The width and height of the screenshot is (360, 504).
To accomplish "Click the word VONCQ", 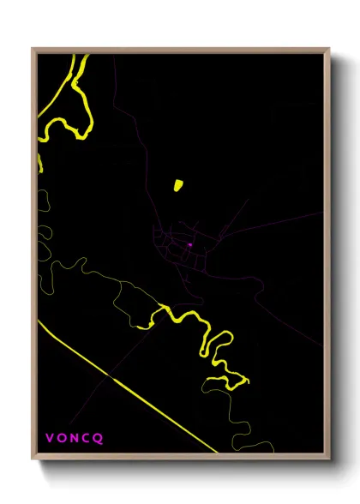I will [74, 438].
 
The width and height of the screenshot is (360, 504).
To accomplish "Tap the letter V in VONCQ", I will [50, 438].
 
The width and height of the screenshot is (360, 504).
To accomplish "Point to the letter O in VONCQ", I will [62, 438].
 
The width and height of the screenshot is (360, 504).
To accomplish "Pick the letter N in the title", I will [75, 438].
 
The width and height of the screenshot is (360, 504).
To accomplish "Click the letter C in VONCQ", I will [87, 438].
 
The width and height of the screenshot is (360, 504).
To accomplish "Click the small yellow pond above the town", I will [178, 184].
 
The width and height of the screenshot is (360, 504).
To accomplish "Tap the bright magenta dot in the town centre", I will [189, 244].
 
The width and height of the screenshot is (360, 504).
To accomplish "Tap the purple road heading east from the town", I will [274, 225].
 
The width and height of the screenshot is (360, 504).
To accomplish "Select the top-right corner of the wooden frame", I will [330, 50].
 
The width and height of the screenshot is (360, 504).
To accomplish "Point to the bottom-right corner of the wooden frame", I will [330, 462].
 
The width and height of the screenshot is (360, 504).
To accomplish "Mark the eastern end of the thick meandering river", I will [247, 378].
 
